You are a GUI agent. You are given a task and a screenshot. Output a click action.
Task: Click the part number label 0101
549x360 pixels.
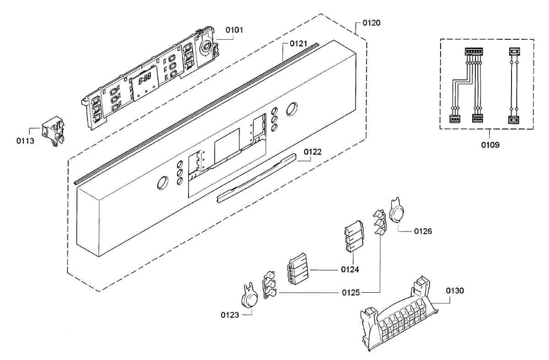click(x=234, y=30)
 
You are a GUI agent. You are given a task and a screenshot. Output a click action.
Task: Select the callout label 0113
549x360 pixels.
click(x=25, y=141)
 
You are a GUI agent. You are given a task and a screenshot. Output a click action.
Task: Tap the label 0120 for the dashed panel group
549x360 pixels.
click(x=371, y=22)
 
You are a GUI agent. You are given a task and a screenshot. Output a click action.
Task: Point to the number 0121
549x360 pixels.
click(x=299, y=44)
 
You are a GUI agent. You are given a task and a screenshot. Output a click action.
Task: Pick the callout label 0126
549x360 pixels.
click(x=423, y=231)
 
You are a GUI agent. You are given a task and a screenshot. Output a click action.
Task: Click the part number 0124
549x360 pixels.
click(x=350, y=270)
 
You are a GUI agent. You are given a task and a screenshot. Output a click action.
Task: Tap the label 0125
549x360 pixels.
click(x=351, y=292)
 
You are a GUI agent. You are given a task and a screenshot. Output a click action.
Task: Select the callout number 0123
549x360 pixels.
click(x=230, y=315)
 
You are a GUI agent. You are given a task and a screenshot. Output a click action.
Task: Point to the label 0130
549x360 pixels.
click(x=455, y=290)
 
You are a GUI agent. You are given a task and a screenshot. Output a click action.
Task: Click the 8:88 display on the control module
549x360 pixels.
click(x=145, y=79)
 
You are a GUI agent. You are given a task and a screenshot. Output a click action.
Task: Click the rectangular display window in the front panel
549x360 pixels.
click(x=227, y=143)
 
